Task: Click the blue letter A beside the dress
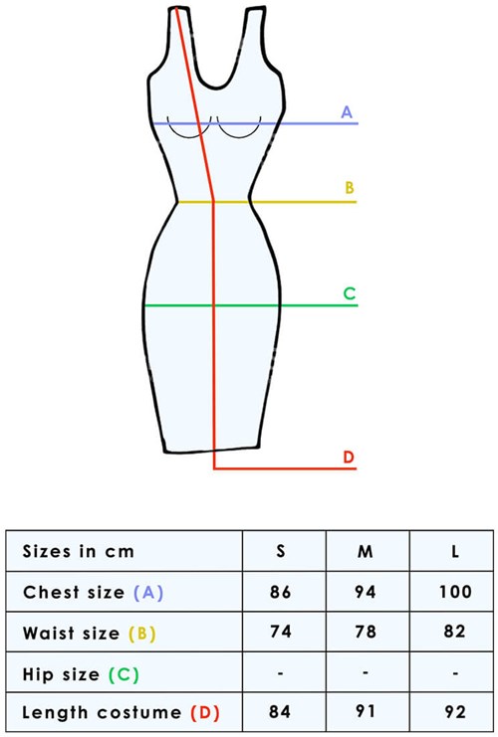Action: (x=347, y=111)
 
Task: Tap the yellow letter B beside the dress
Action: (x=350, y=188)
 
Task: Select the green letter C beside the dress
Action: (x=350, y=293)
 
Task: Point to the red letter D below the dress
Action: (x=349, y=457)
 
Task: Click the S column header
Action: (x=281, y=550)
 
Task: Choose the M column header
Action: (x=366, y=551)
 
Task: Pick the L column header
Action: (x=455, y=551)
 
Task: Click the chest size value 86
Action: (x=281, y=592)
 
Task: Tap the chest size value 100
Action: (x=455, y=592)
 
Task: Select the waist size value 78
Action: (x=366, y=632)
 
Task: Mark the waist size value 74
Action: (x=281, y=632)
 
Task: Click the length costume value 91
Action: (x=366, y=711)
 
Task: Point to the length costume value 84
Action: (x=280, y=711)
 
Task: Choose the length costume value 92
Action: (x=455, y=711)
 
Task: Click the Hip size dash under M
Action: (x=366, y=672)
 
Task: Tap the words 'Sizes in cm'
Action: (x=78, y=551)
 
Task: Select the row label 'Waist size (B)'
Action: (x=89, y=634)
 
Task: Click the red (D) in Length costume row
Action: (x=205, y=713)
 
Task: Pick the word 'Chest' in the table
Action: (x=51, y=592)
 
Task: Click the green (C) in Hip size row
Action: (x=124, y=674)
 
